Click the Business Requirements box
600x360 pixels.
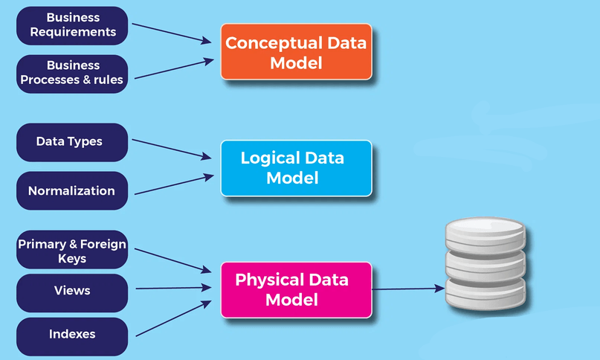coord(71,25)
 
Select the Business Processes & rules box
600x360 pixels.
coord(71,73)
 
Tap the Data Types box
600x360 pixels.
coord(71,141)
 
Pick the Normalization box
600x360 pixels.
coord(71,190)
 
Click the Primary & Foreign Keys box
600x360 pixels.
coord(71,251)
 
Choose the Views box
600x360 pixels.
coord(71,290)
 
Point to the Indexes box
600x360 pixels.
coord(71,335)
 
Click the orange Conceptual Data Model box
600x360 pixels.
coord(295,52)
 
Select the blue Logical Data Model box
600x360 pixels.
coord(295,168)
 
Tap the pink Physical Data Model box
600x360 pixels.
coord(295,289)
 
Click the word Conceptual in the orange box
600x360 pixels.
coord(265,42)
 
